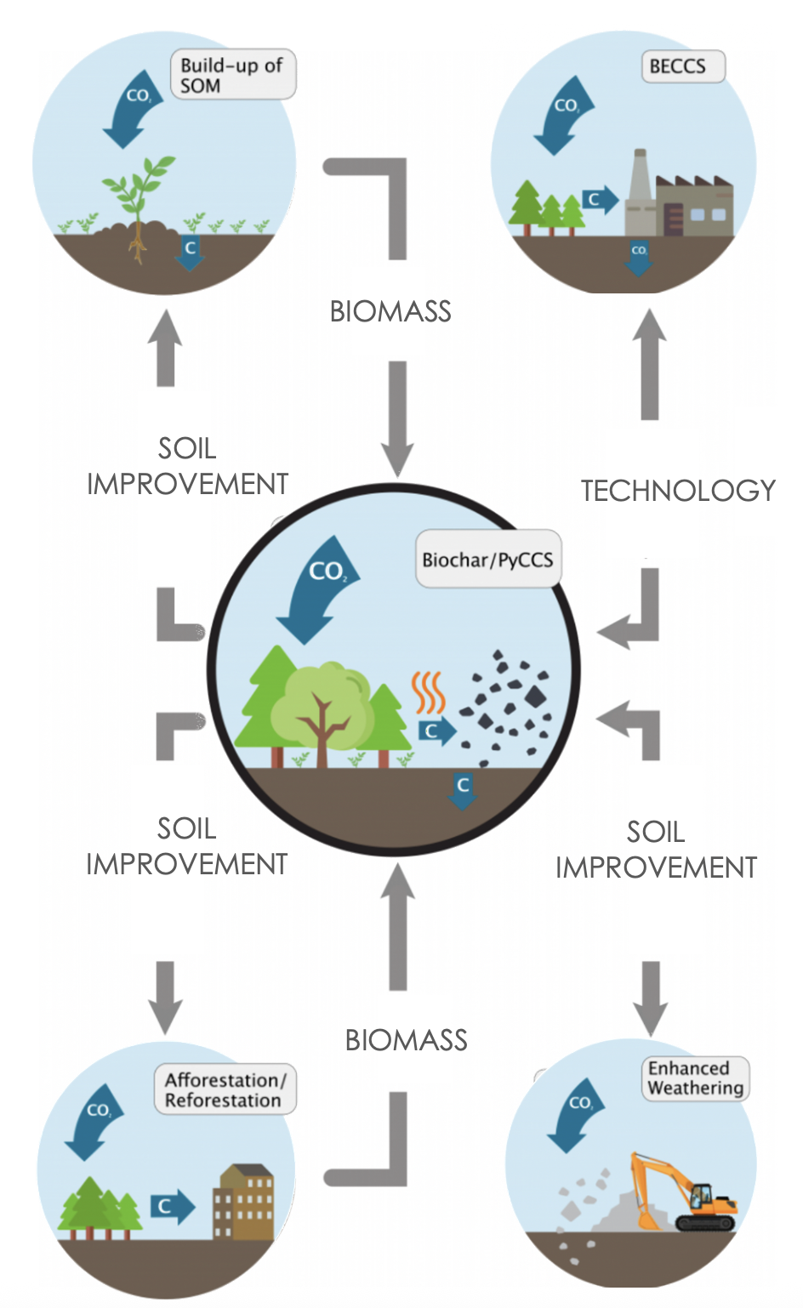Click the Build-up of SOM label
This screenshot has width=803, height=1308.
(x=233, y=75)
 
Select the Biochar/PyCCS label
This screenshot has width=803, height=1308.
(x=488, y=560)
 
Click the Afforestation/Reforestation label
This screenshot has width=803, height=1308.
(x=225, y=1089)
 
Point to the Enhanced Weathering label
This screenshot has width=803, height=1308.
(x=695, y=1078)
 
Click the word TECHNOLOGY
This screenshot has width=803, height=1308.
(x=678, y=491)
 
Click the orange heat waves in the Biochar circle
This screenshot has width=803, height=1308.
(x=429, y=692)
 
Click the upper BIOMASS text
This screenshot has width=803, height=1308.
(x=390, y=312)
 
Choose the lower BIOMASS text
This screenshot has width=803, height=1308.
(x=407, y=1040)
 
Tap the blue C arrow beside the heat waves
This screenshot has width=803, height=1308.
(x=436, y=731)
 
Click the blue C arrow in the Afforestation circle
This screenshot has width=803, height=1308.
(x=172, y=1205)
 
